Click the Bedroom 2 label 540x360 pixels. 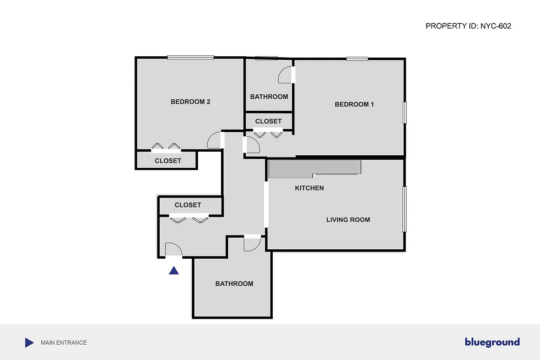tap(190, 102)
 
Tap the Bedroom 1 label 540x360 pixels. tap(354, 104)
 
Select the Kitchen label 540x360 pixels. tap(309, 188)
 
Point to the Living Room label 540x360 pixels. tap(348, 220)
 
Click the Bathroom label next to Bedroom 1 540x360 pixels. tap(269, 97)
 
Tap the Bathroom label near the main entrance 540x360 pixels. tap(234, 283)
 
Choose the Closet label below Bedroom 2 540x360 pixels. tap(168, 161)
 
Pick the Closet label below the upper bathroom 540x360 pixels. tap(268, 121)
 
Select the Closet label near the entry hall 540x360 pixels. tap(188, 205)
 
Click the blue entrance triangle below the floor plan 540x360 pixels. tap(174, 270)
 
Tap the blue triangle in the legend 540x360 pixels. tap(29, 343)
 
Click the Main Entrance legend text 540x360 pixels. tap(63, 343)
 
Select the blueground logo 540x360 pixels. tap(492, 342)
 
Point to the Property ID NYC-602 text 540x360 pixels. tap(468, 26)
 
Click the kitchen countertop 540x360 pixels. tap(315, 167)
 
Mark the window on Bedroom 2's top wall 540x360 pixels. tap(190, 57)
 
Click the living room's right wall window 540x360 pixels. tap(405, 209)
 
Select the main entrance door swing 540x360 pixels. tap(173, 250)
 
